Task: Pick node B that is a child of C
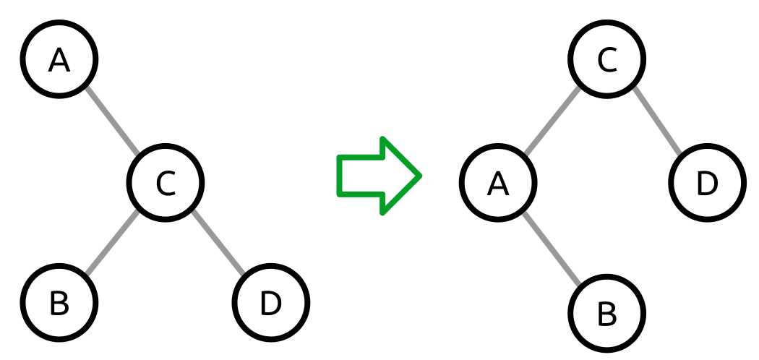click(59, 303)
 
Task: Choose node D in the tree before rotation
click(271, 303)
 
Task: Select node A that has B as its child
click(498, 183)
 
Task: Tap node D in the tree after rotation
click(706, 183)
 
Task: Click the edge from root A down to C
click(112, 121)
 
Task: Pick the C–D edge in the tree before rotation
click(218, 242)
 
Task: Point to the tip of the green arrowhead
click(419, 176)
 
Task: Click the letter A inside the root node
click(59, 61)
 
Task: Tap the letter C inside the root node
click(606, 61)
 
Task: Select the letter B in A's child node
click(606, 314)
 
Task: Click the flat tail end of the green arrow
click(340, 176)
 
